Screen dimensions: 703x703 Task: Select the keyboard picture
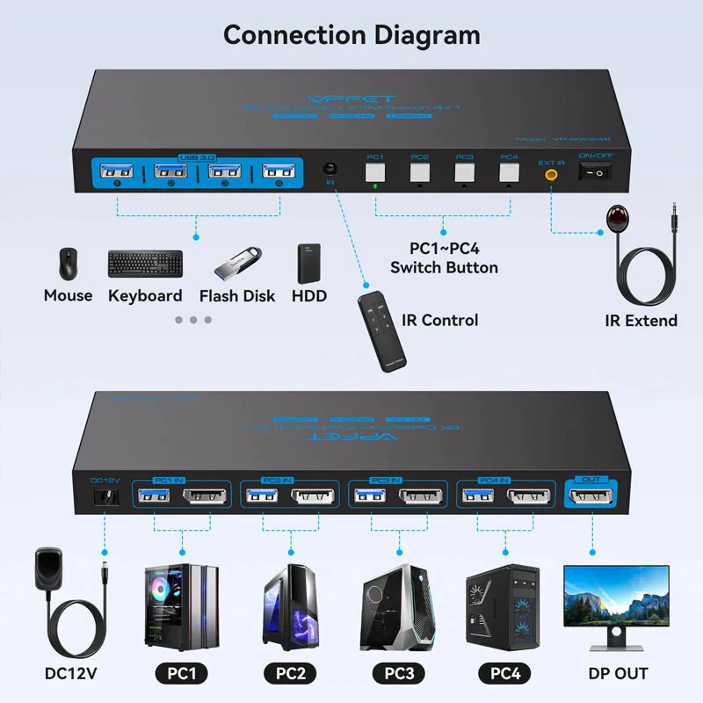click(146, 263)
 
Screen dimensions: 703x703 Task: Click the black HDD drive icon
click(308, 263)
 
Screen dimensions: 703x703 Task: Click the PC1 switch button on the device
click(375, 171)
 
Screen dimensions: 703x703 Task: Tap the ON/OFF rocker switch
click(596, 173)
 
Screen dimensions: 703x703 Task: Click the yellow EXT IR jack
click(551, 174)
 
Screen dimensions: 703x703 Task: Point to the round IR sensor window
click(330, 168)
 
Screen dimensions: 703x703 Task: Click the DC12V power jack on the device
click(106, 497)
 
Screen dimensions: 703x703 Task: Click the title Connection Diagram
click(351, 35)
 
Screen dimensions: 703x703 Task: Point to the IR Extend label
click(641, 321)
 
